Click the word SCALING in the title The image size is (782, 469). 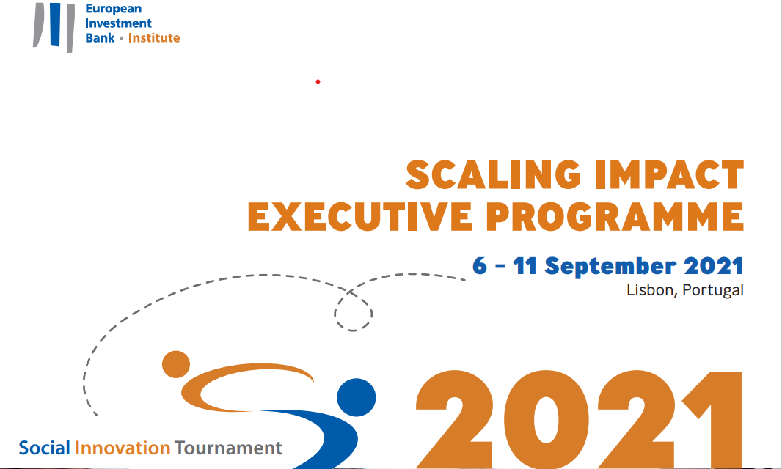493,175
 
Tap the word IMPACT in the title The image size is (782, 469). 669,175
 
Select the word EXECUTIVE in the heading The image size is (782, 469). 359,217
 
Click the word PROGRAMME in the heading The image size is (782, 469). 615,217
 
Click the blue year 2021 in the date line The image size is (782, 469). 714,266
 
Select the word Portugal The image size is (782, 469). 713,291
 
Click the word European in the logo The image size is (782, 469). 113,10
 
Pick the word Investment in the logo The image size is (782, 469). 118,23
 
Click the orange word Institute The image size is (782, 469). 154,38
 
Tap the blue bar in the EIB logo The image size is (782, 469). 55,24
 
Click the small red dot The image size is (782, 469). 318,82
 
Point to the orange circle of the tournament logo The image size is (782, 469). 176,364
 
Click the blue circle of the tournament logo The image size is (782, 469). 356,397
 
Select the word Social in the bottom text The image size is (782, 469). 45,448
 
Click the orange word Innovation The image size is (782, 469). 123,448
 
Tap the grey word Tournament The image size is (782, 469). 228,448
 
